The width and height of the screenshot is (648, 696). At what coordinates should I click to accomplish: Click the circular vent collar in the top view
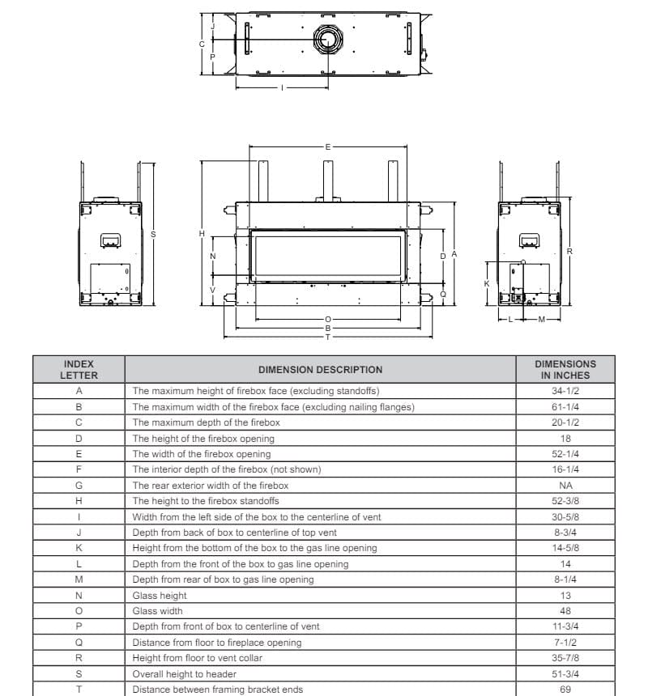(x=328, y=39)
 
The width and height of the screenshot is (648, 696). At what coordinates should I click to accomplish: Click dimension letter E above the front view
(x=327, y=147)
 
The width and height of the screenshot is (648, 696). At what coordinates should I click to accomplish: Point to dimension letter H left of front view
(x=202, y=234)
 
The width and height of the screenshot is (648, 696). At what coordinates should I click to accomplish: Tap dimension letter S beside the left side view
(x=153, y=234)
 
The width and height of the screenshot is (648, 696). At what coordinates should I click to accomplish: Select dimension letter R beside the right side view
(x=569, y=252)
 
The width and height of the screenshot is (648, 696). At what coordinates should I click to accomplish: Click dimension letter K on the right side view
(x=486, y=283)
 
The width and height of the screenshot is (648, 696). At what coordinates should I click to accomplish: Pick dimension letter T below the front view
(x=327, y=337)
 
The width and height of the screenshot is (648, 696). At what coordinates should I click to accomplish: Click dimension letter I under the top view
(x=282, y=87)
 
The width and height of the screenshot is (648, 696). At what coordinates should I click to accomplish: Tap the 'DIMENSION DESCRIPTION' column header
(x=320, y=370)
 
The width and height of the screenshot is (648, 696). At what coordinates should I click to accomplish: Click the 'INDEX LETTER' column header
(x=79, y=370)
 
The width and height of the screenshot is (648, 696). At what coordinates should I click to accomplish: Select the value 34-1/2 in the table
(x=565, y=391)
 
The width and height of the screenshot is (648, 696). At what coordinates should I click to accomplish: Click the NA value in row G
(x=565, y=486)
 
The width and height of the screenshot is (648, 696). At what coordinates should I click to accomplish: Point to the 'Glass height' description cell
(x=160, y=596)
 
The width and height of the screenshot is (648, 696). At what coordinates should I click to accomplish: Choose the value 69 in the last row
(x=565, y=690)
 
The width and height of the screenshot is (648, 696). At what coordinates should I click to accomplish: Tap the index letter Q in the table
(x=79, y=643)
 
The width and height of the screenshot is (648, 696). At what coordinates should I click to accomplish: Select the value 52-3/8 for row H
(x=565, y=501)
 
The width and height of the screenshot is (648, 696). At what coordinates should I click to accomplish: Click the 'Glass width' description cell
(x=157, y=611)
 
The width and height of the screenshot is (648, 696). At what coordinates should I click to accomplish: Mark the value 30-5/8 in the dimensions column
(x=565, y=517)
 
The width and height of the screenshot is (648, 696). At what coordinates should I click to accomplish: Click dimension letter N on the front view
(x=212, y=256)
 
